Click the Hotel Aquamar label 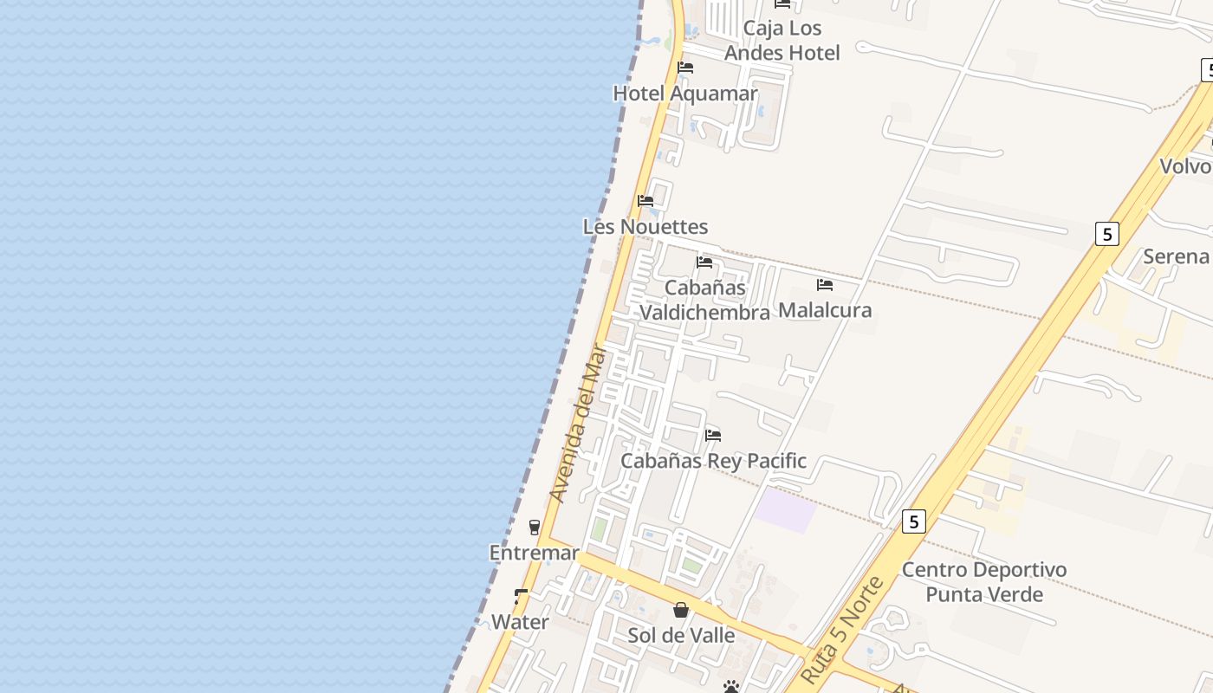click(685, 94)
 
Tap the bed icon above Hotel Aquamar click(685, 68)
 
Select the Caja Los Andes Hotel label click(782, 41)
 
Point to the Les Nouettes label click(645, 227)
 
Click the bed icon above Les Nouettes click(645, 201)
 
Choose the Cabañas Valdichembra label click(704, 300)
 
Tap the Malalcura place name click(825, 310)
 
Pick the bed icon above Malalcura click(825, 284)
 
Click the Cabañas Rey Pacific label click(713, 461)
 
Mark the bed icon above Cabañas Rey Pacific click(713, 435)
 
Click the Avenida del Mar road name click(576, 424)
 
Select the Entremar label click(534, 553)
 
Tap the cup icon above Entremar click(535, 527)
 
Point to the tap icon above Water click(521, 596)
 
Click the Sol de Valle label click(681, 636)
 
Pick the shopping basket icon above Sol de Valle click(681, 610)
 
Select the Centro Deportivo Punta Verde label click(984, 582)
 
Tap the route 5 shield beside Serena click(1106, 234)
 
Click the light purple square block click(784, 509)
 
